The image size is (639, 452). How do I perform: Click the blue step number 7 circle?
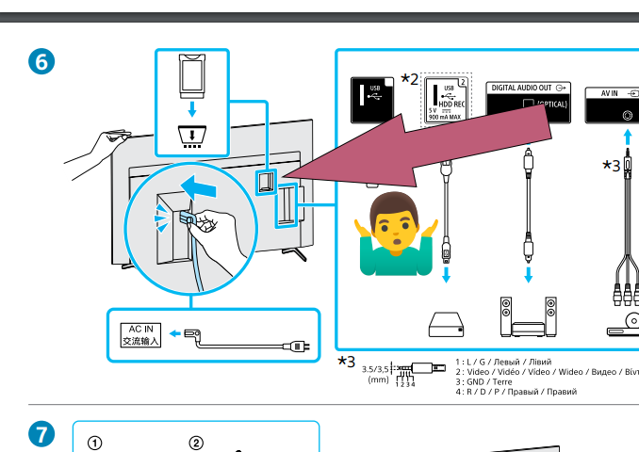[39, 435]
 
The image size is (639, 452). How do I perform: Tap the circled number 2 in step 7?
[196, 444]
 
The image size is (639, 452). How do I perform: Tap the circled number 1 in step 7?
[94, 444]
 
